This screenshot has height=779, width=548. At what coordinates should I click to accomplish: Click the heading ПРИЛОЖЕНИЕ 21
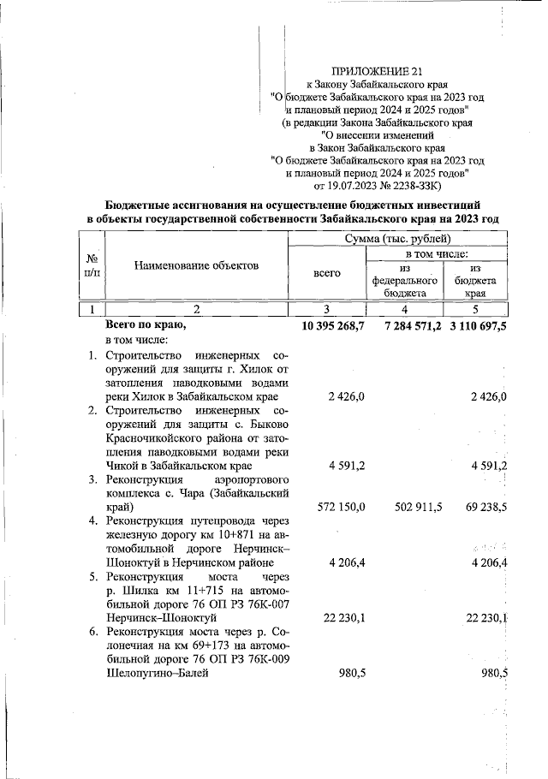(377, 72)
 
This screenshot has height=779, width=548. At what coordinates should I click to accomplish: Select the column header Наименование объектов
(196, 266)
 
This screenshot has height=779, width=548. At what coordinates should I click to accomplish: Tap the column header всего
(327, 273)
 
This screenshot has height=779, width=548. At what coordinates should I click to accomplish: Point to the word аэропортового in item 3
(256, 479)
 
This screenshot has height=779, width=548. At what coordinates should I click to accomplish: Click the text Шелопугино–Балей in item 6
(157, 674)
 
